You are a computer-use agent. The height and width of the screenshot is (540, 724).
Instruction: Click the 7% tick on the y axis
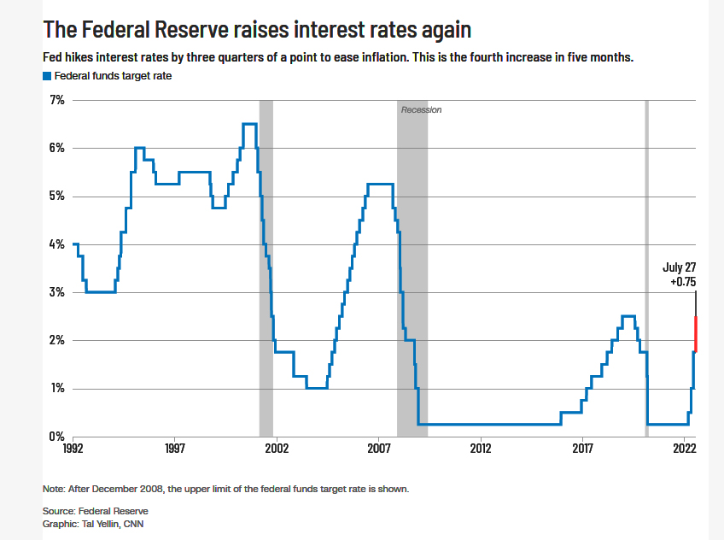pos(57,100)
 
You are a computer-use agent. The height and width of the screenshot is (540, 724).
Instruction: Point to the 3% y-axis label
pos(57,292)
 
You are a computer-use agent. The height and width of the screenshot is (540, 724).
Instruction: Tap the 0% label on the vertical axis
pos(57,436)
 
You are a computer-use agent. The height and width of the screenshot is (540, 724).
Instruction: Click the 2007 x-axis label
pos(378,448)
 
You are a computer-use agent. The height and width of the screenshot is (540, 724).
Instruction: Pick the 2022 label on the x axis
pos(684,448)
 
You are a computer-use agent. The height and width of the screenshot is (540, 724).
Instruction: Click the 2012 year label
pos(481,448)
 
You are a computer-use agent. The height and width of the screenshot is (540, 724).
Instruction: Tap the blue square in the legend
pos(47,76)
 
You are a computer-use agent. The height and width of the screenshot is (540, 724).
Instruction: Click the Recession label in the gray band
pos(421,110)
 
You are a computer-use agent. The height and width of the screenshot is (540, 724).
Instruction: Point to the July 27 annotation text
pos(680,267)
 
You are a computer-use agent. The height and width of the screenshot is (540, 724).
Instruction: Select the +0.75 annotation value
pos(683,282)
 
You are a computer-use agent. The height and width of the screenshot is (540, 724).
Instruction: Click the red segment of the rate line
pos(695,334)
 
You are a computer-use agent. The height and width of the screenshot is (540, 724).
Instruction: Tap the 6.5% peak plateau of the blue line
pos(250,124)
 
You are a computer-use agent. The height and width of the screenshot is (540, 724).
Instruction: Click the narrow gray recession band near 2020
pos(647,268)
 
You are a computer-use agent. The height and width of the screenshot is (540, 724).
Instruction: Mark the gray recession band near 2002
pos(266,268)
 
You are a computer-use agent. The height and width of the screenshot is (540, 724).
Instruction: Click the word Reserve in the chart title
pos(191,30)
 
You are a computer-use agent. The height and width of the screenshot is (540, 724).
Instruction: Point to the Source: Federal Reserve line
pos(96,511)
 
